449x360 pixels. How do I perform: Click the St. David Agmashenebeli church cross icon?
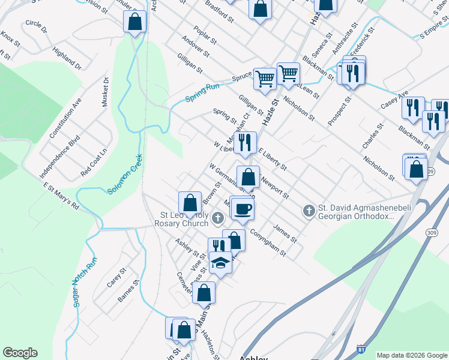click(x=309, y=210)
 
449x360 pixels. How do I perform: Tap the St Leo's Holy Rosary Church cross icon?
click(x=217, y=216)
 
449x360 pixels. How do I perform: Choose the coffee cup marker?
click(x=243, y=209)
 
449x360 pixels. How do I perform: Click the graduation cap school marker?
click(x=220, y=263)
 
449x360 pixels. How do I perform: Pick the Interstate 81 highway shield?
click(x=360, y=347)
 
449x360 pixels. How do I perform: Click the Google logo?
click(x=20, y=353)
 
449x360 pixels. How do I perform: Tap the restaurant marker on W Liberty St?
click(x=244, y=143)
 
